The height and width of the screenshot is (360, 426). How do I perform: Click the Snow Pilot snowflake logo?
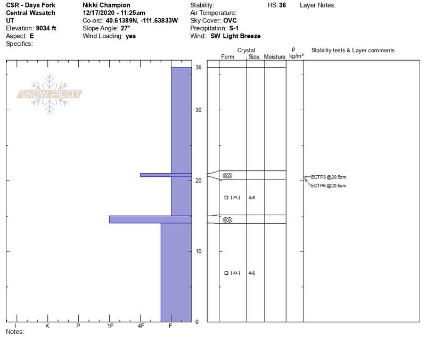[49, 94]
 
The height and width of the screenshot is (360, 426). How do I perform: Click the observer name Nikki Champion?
[106, 5]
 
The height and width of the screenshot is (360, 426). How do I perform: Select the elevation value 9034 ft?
[46, 28]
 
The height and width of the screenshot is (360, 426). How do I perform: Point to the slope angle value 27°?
[126, 28]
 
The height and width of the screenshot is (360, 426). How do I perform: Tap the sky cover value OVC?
[230, 21]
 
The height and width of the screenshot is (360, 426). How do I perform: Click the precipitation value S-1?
[234, 28]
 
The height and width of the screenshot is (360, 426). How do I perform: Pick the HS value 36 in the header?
[282, 5]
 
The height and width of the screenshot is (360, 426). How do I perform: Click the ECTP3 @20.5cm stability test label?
[329, 177]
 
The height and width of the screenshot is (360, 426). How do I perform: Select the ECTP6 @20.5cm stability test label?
[329, 186]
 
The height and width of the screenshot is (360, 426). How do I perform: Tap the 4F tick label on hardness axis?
[141, 326]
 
